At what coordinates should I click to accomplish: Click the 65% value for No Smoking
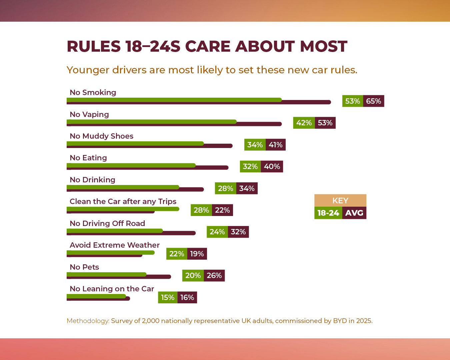point(373,101)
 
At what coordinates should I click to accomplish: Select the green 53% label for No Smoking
point(353,101)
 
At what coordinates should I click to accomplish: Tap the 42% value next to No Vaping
point(304,123)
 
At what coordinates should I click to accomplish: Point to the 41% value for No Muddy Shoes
point(276,145)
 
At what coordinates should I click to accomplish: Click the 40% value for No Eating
point(272,166)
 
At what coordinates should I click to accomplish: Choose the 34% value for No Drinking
point(247,188)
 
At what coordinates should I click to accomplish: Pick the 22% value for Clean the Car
point(222,210)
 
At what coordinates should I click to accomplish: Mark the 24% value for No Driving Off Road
point(217,232)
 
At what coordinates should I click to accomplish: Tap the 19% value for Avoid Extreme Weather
point(197,254)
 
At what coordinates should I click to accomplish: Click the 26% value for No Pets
point(214,275)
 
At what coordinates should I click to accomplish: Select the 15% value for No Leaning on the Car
point(168,297)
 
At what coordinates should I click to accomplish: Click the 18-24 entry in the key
point(328,213)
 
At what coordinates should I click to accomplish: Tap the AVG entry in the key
point(354,213)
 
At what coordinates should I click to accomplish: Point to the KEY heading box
point(340,200)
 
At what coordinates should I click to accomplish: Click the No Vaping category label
point(89,114)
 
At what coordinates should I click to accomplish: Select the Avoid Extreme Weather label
point(115,245)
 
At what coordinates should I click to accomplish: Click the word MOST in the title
point(324,46)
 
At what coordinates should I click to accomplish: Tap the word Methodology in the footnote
point(88,321)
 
